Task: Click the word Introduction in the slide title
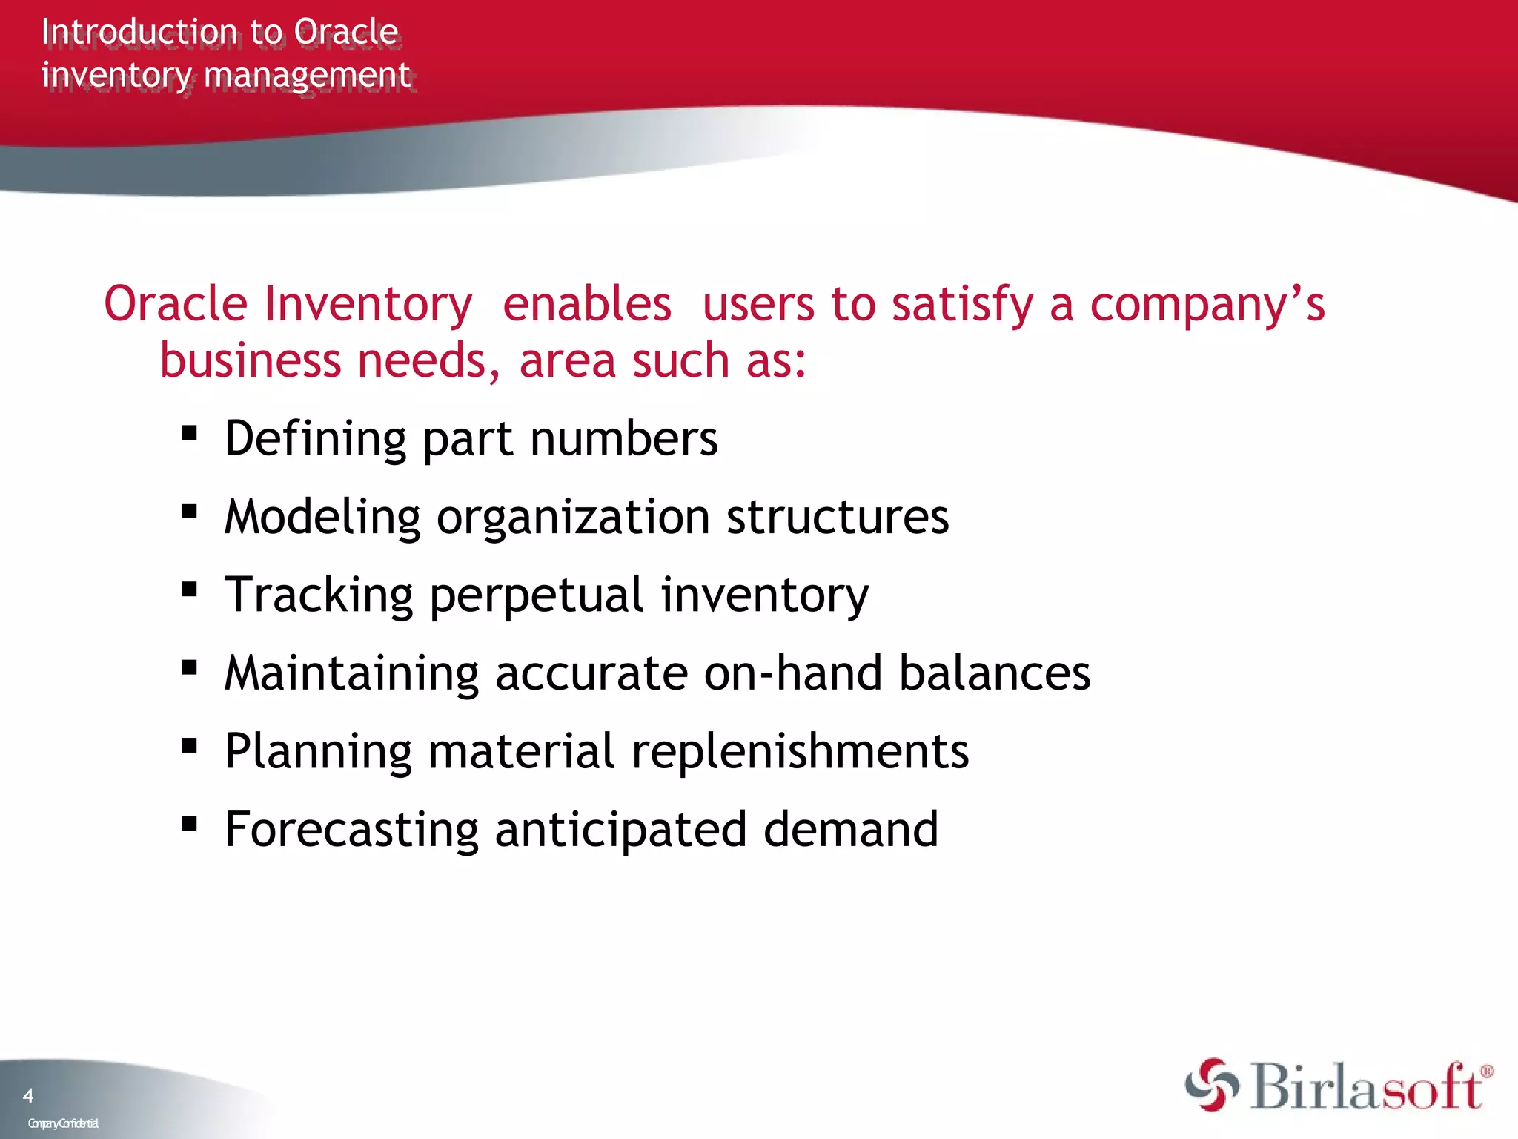click(x=139, y=33)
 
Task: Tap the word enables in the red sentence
click(x=586, y=304)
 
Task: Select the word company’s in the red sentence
click(x=1207, y=306)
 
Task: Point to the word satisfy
click(x=962, y=306)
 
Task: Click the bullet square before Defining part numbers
click(x=189, y=432)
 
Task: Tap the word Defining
click(x=315, y=439)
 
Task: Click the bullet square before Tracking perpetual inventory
click(x=189, y=589)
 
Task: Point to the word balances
click(x=994, y=673)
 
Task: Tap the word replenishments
click(x=800, y=751)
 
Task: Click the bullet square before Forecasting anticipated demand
click(x=189, y=823)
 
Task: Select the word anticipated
click(x=620, y=831)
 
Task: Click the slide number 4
click(x=28, y=1095)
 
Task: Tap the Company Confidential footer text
click(x=63, y=1123)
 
